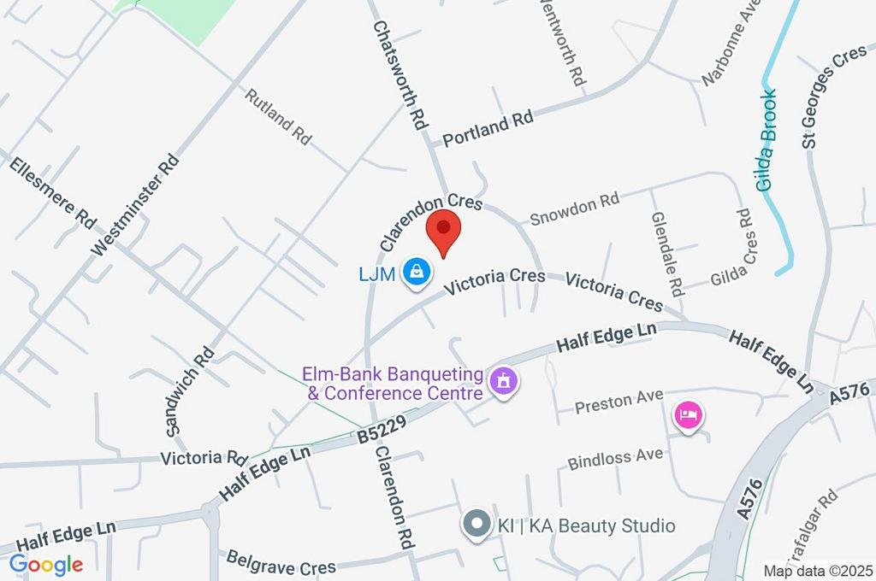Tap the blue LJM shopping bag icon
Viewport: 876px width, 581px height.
[417, 272]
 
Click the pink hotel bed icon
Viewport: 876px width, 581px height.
[689, 416]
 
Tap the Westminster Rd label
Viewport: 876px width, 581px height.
[137, 205]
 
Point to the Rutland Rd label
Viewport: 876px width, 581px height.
[278, 116]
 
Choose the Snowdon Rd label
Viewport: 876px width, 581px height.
[574, 208]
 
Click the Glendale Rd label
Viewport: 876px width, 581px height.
[665, 250]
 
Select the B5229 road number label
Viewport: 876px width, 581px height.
[381, 428]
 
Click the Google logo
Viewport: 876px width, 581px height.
[46, 565]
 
